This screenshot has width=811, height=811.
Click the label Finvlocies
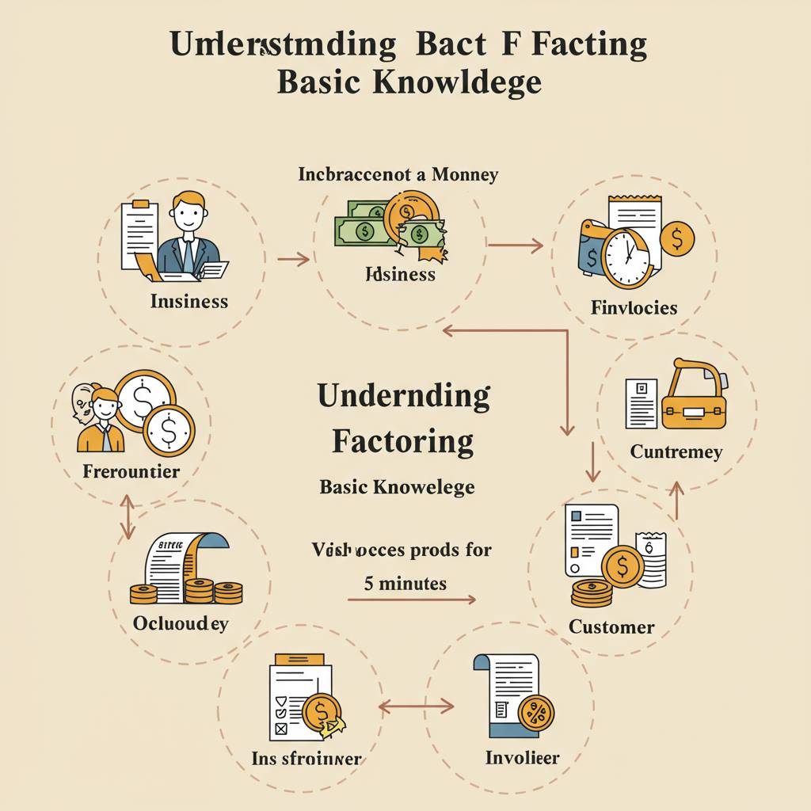tap(634, 307)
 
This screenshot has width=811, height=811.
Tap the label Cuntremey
tap(676, 452)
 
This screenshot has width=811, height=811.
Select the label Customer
tap(611, 627)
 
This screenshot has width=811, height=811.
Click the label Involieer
tap(522, 758)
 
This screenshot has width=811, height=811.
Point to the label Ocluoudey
tap(181, 623)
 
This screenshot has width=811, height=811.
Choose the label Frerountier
tap(131, 472)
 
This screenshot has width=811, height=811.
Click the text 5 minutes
tap(405, 584)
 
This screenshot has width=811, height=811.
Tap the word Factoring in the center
tap(403, 440)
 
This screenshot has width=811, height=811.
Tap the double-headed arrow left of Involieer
tap(417, 705)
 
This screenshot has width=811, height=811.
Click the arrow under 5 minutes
tap(412, 600)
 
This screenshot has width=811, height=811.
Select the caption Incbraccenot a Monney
tap(398, 174)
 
